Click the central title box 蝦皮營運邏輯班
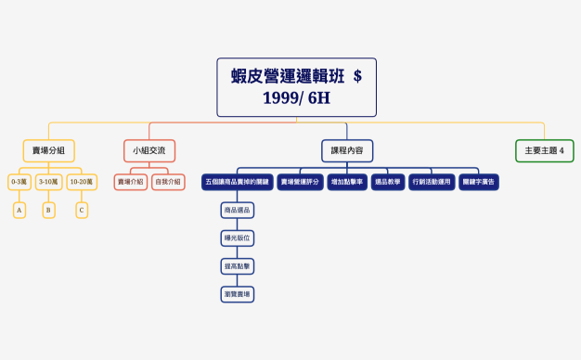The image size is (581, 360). (x=296, y=87)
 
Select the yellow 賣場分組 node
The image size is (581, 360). (x=48, y=150)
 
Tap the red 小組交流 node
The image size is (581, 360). (x=148, y=150)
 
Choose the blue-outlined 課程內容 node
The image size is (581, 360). (x=347, y=150)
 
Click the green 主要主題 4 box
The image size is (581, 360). (x=544, y=150)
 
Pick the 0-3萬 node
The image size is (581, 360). (x=19, y=183)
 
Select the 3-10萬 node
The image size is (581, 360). (x=48, y=183)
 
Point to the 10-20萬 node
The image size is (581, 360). (x=82, y=183)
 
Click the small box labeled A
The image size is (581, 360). (x=19, y=211)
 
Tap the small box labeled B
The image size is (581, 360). (x=48, y=211)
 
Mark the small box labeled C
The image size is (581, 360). (x=82, y=211)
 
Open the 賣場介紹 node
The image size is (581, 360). (x=131, y=183)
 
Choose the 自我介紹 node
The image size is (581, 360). (x=168, y=183)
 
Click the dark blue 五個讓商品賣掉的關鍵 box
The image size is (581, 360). (x=237, y=183)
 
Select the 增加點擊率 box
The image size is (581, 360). (x=347, y=183)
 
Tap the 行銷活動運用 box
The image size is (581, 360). (x=432, y=183)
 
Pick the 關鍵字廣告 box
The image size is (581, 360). (x=479, y=183)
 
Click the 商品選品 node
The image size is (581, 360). (x=237, y=211)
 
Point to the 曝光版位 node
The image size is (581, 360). (x=237, y=238)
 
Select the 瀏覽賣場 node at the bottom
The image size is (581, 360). (x=237, y=294)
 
